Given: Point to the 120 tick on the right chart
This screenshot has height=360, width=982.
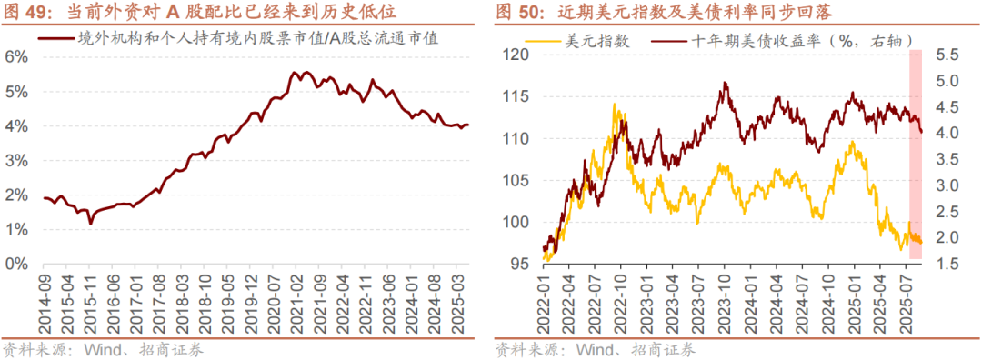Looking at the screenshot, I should point(516,55).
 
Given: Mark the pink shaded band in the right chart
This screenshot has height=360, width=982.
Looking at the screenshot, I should point(917,155).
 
